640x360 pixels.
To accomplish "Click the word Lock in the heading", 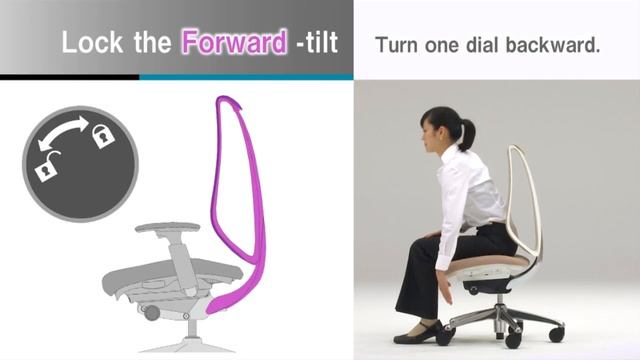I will pyautogui.click(x=86, y=43).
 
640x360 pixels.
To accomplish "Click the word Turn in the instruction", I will pyautogui.click(x=395, y=45).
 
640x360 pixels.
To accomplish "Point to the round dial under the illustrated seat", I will pyautogui.click(x=151, y=313).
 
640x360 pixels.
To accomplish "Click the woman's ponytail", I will pyautogui.click(x=466, y=129).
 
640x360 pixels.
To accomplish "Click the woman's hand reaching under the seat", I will pyautogui.click(x=447, y=292).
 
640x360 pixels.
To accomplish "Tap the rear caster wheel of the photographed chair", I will pyautogui.click(x=556, y=333).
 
